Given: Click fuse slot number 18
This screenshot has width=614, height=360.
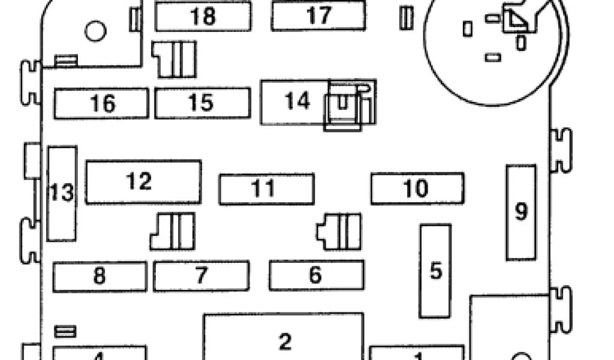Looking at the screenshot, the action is pyautogui.click(x=203, y=16).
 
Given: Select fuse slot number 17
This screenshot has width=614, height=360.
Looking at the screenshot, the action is pyautogui.click(x=318, y=16).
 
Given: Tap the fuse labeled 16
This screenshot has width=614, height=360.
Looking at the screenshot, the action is pyautogui.click(x=101, y=103).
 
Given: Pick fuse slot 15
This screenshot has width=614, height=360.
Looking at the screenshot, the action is pyautogui.click(x=202, y=103).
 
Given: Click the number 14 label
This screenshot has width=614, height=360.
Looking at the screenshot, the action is pyautogui.click(x=297, y=101).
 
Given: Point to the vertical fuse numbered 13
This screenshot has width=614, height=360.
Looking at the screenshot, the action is pyautogui.click(x=62, y=193).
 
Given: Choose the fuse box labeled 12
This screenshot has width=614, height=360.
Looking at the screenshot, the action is pyautogui.click(x=143, y=182).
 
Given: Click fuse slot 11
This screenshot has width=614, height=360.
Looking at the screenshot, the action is pyautogui.click(x=266, y=189).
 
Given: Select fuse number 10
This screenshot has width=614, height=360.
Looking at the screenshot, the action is pyautogui.click(x=417, y=188).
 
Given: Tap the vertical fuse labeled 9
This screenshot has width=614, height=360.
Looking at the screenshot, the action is pyautogui.click(x=521, y=212).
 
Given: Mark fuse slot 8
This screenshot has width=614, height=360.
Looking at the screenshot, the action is pyautogui.click(x=100, y=276).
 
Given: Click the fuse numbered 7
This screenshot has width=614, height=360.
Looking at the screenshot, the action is pyautogui.click(x=201, y=276).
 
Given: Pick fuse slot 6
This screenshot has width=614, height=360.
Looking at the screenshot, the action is pyautogui.click(x=316, y=275).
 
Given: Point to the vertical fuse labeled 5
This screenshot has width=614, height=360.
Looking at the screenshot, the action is pyautogui.click(x=435, y=271).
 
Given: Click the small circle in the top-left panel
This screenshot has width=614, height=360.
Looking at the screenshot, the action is pyautogui.click(x=95, y=31).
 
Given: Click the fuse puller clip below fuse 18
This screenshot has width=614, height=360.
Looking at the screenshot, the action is pyautogui.click(x=174, y=59).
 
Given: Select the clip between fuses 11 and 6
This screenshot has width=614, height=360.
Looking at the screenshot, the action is pyautogui.click(x=339, y=232).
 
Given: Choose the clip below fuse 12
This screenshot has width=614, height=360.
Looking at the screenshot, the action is pyautogui.click(x=173, y=231).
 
